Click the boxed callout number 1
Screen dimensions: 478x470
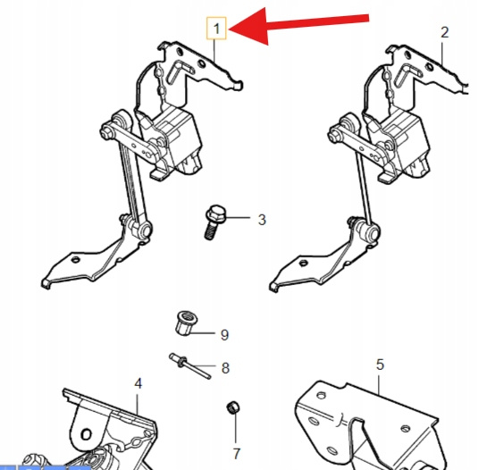click(216, 29)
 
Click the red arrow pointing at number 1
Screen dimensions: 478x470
click(298, 25)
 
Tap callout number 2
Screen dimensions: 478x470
click(445, 32)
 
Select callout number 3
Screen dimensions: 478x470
click(262, 220)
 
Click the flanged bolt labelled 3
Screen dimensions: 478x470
click(214, 222)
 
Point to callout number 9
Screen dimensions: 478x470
click(224, 335)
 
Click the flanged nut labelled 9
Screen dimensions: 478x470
click(186, 323)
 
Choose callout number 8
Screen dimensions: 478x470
click(225, 368)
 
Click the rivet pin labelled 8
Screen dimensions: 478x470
click(189, 365)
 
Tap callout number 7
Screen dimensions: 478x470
click(237, 454)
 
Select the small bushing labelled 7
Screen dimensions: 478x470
click(233, 407)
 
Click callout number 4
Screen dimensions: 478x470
click(138, 383)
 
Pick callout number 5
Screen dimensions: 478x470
click(380, 365)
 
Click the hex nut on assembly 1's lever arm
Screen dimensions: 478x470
click(107, 132)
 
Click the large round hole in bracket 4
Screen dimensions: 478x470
click(87, 434)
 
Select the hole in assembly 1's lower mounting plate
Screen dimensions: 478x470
click(75, 260)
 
